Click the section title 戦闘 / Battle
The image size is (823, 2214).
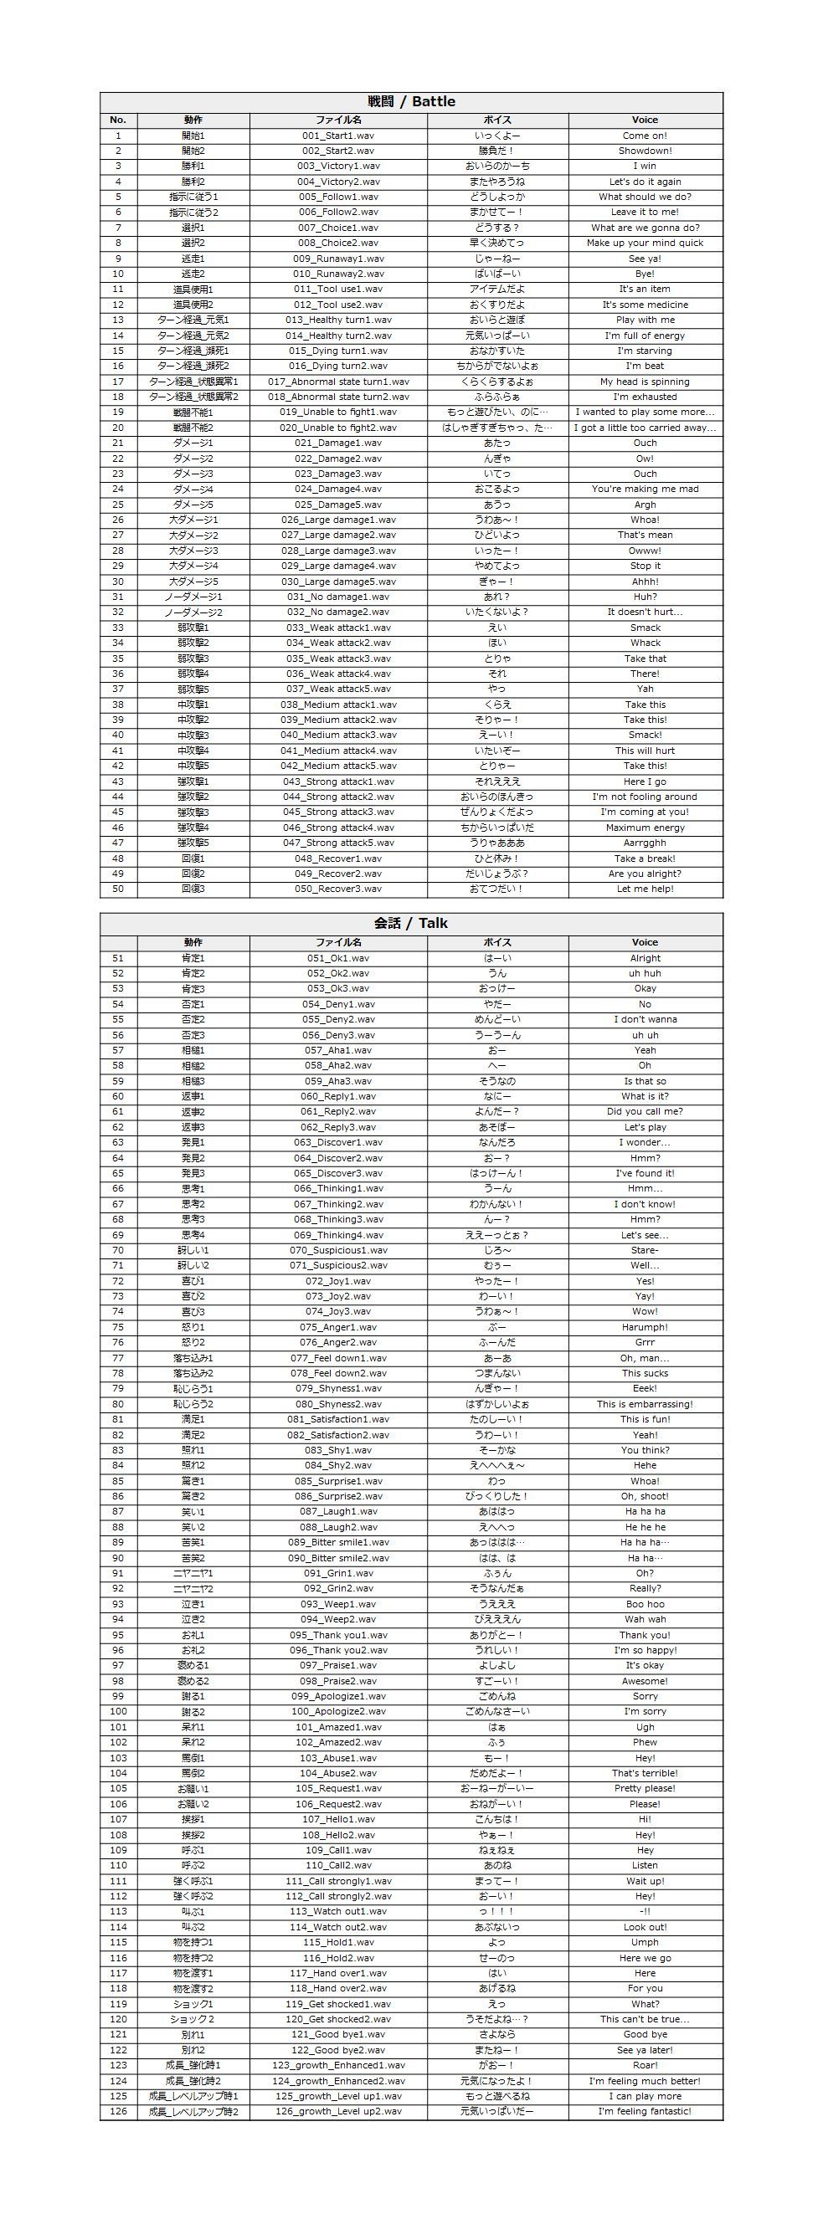coord(411,101)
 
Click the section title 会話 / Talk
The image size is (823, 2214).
coord(411,923)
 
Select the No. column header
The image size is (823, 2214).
coord(118,120)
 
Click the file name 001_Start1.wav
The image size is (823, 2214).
coord(338,136)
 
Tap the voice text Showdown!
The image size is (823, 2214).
coord(645,151)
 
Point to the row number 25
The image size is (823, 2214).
coord(118,505)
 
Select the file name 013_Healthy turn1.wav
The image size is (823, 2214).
coord(338,320)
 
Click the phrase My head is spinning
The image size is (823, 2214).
coord(645,382)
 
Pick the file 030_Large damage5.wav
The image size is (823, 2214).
coord(338,582)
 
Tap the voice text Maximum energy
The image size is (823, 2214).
coord(645,828)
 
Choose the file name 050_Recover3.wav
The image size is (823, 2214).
coord(338,889)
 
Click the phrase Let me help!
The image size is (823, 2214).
coord(645,889)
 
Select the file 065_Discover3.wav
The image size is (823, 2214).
coord(338,1173)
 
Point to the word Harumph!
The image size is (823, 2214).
coord(645,1327)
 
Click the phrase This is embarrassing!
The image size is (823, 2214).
coord(645,1404)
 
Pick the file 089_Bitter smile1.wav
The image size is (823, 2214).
coord(338,1543)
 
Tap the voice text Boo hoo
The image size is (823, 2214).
coord(645,1604)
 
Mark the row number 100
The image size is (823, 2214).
coord(118,1711)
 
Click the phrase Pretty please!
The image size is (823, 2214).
coord(645,1789)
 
